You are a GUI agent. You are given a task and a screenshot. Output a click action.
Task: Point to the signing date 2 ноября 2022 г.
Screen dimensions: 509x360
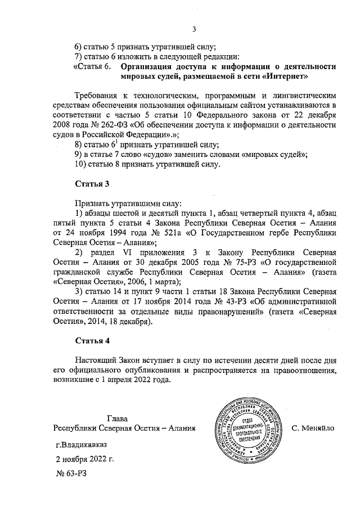pos(84,459)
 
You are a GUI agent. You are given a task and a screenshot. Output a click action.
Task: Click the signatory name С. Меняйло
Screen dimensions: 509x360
pos(313,428)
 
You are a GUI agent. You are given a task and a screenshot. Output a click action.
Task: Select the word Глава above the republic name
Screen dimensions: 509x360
pos(118,418)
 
